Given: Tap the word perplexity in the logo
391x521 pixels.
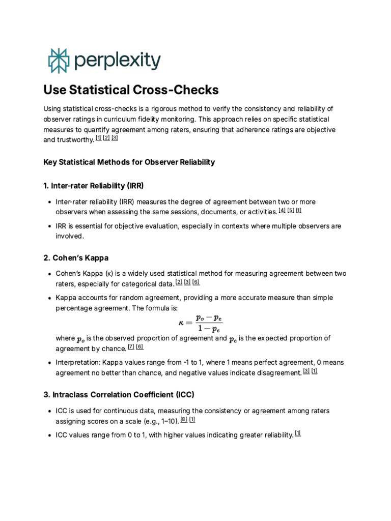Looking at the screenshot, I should click(117, 61).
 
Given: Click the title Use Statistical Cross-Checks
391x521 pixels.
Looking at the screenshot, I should click(131, 90).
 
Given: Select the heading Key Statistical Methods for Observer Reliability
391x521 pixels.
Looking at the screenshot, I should click(129, 162).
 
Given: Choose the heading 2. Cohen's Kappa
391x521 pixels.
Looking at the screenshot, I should click(76, 257).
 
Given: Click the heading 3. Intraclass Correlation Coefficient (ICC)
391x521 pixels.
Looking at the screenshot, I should click(119, 394).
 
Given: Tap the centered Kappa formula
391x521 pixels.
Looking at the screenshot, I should click(200, 323).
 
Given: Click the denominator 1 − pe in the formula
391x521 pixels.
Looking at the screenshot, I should click(208, 328).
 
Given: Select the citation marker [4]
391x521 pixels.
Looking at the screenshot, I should click(282, 210).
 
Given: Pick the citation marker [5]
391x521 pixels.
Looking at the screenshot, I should click(291, 210).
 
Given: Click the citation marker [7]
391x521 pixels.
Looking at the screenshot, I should click(131, 347).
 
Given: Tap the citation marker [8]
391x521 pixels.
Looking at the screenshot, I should click(184, 420).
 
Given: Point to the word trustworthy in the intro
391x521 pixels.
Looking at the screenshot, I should click(76, 139).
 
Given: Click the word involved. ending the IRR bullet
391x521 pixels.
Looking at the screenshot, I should click(69, 236).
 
